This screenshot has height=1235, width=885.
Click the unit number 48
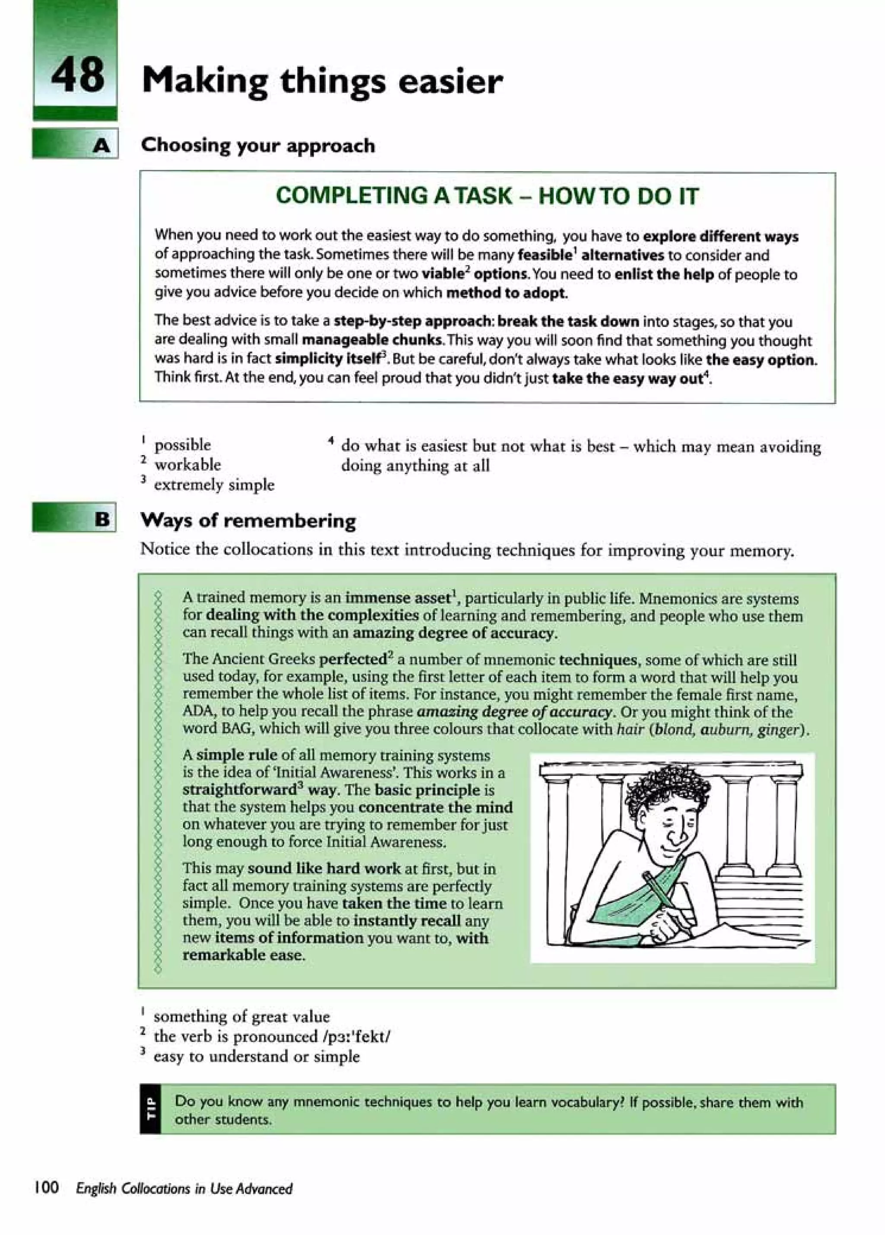pyautogui.click(x=77, y=75)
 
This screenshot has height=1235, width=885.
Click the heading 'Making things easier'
pyautogui.click(x=322, y=82)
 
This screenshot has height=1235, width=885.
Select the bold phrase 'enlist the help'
pyautogui.click(x=663, y=274)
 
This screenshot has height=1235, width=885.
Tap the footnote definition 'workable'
pyautogui.click(x=188, y=465)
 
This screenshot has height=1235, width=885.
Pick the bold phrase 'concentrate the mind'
pyautogui.click(x=435, y=807)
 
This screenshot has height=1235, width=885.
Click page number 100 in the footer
pyautogui.click(x=46, y=1187)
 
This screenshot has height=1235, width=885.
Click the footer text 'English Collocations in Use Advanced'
pyautogui.click(x=184, y=1188)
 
